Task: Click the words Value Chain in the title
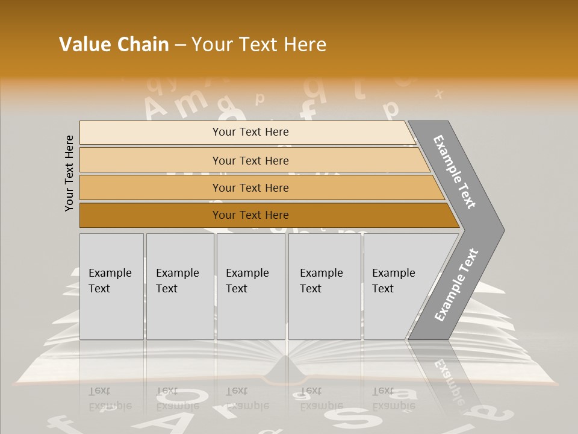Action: click(114, 45)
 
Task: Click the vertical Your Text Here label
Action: click(69, 173)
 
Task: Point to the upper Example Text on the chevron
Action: click(455, 172)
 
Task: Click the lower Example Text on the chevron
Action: click(456, 285)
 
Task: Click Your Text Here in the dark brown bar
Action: click(250, 215)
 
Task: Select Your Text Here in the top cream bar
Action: click(250, 132)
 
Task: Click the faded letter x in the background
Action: click(439, 94)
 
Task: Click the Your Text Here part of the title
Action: click(259, 45)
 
